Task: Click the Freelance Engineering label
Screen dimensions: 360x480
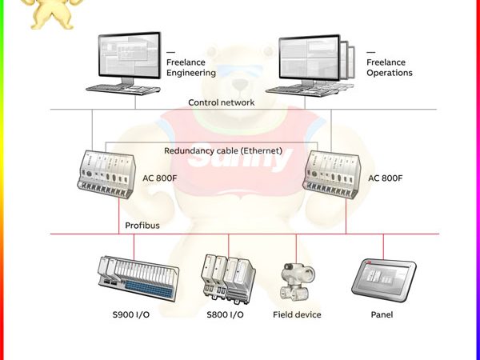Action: click(190, 67)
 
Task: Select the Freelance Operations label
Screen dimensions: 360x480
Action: click(390, 67)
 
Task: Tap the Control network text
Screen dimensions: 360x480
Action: click(222, 102)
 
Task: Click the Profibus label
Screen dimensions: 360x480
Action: click(142, 226)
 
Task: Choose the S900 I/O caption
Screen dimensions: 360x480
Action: click(130, 314)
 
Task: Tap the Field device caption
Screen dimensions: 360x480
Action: click(297, 314)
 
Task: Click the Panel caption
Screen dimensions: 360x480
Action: click(382, 314)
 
